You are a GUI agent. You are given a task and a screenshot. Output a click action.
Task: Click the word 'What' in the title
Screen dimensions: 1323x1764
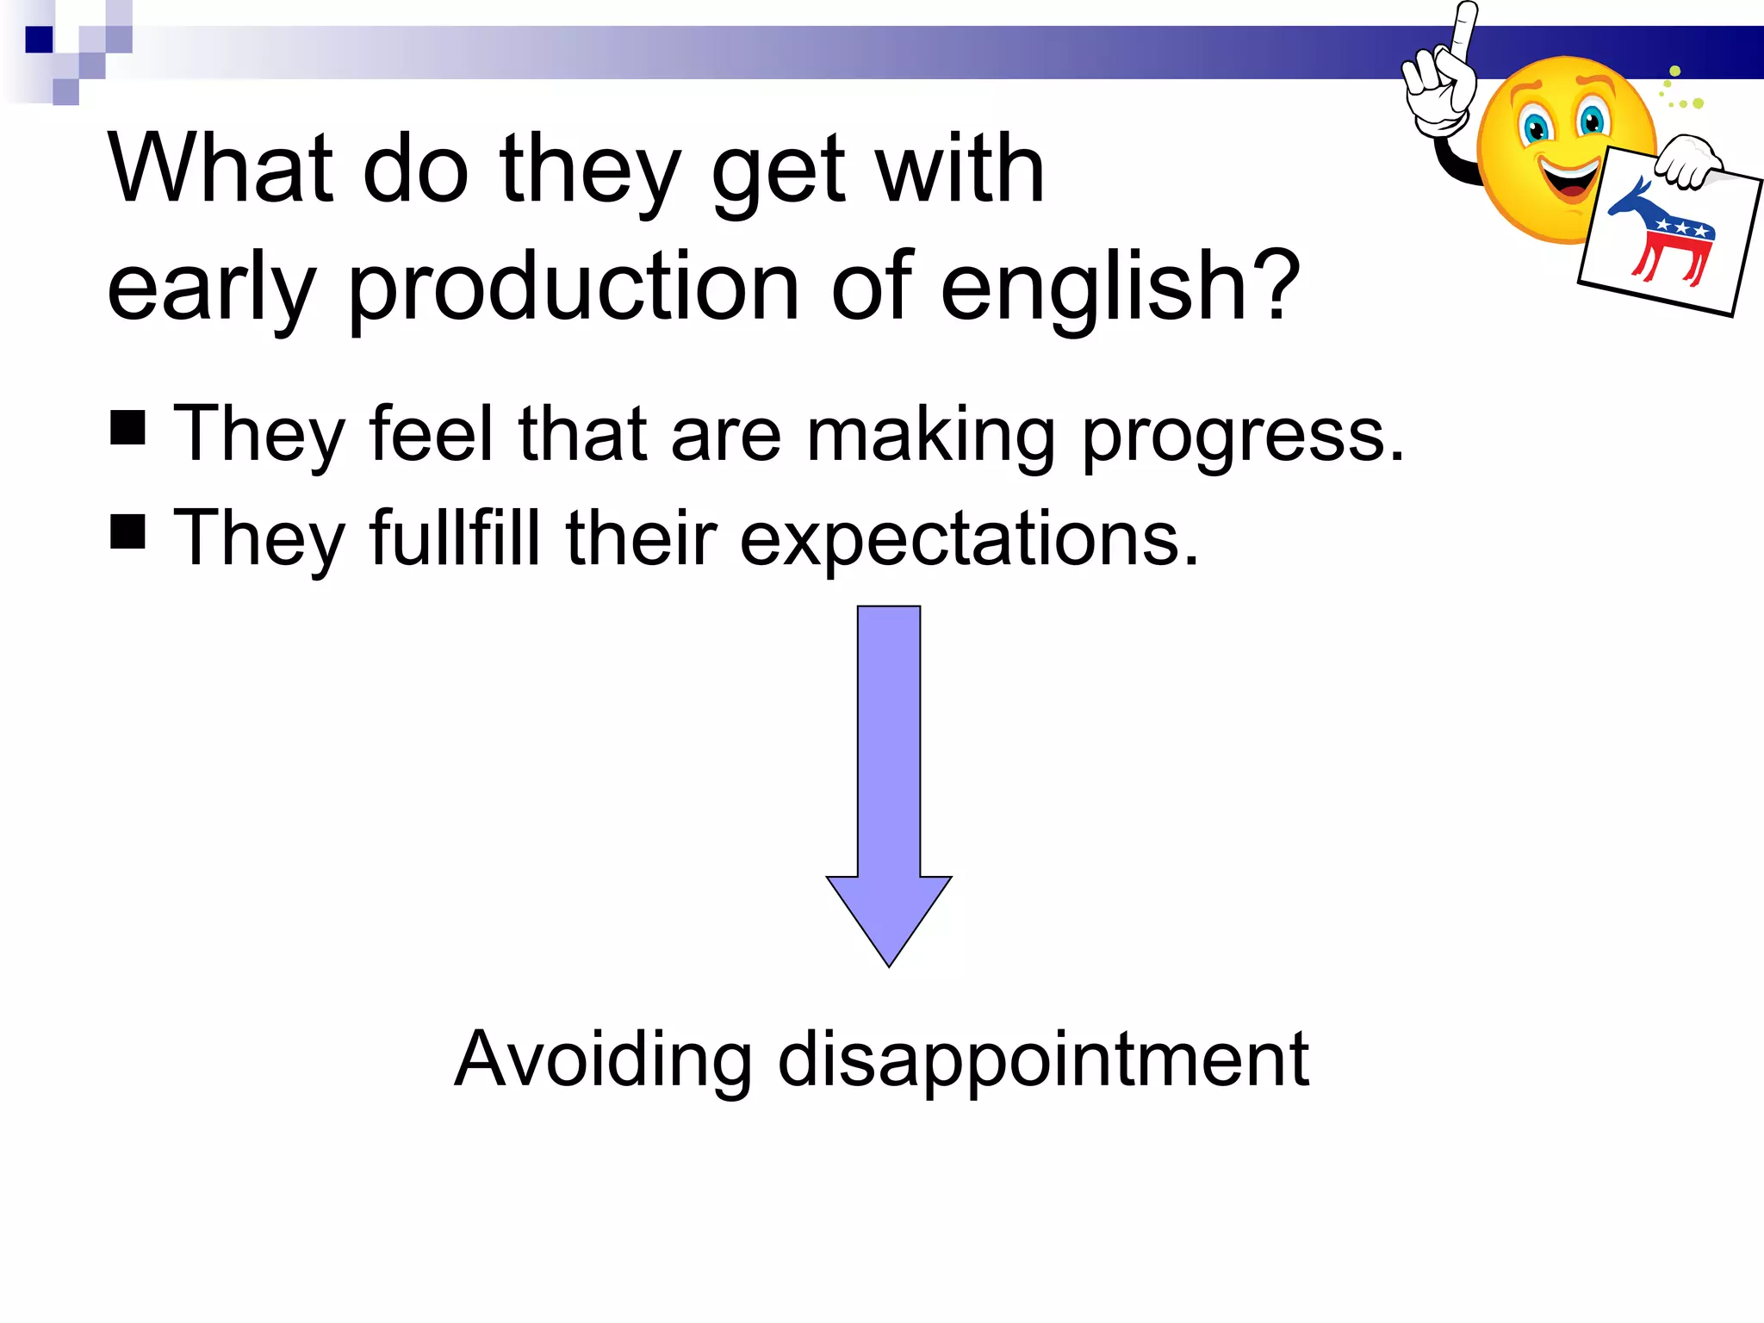[220, 169]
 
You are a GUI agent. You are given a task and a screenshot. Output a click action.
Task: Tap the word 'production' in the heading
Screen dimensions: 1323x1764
[573, 287]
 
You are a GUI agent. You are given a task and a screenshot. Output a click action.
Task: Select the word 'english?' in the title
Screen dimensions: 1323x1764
[1120, 287]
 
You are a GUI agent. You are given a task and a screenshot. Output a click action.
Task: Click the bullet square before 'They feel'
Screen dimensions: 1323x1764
[127, 427]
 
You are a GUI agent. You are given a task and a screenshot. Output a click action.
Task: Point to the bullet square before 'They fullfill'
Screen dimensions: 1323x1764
[127, 531]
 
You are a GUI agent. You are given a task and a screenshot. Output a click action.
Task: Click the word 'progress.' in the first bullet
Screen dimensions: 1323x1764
[1242, 436]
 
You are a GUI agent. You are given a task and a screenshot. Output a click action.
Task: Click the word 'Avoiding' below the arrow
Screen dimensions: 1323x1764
[603, 1059]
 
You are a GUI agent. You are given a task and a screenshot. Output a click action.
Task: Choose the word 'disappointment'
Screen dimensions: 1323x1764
[1043, 1060]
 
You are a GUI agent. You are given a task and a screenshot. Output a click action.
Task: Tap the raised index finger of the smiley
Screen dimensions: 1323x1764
[1462, 30]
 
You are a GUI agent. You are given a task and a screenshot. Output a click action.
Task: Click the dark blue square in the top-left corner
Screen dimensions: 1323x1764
[39, 40]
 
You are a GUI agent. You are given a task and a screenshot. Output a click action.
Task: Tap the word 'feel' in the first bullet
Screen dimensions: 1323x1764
[431, 434]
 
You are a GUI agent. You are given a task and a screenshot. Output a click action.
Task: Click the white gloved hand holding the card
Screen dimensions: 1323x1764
[1688, 161]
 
